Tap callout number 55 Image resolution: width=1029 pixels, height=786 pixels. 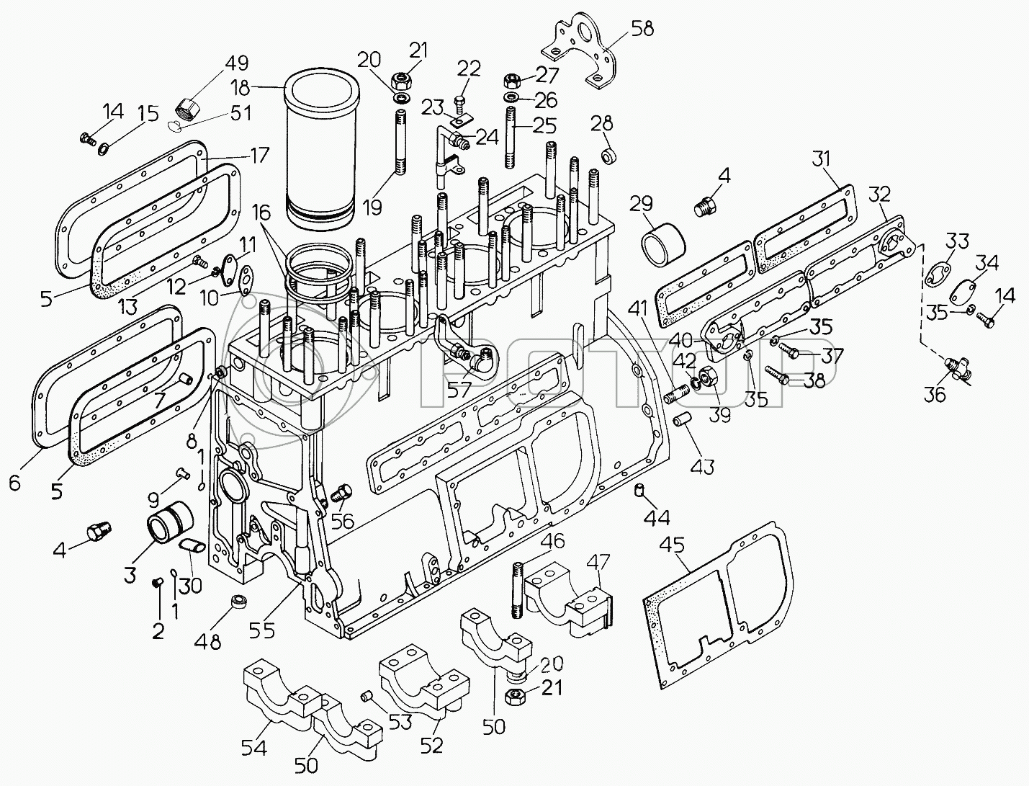tap(261, 631)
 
